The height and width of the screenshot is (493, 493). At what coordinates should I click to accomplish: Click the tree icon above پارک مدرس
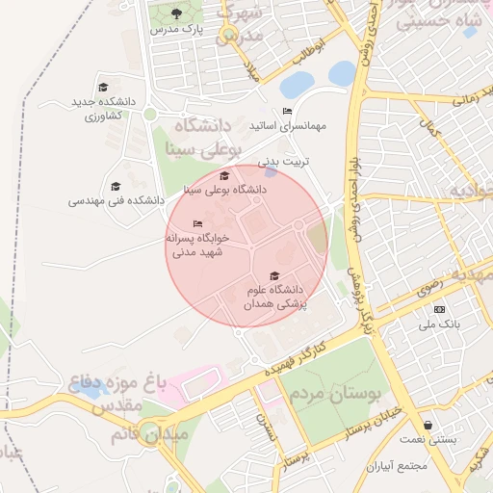[x=175, y=13]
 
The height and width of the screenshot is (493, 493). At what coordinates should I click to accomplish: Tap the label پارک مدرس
[x=174, y=30]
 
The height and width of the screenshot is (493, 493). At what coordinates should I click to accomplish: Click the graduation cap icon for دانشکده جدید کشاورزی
[x=103, y=86]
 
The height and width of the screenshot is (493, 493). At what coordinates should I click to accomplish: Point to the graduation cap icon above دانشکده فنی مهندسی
[x=116, y=186]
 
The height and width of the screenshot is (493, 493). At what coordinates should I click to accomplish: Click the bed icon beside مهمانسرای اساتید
[x=288, y=112]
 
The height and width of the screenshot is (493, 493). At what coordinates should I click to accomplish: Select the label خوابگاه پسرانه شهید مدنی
[x=196, y=246]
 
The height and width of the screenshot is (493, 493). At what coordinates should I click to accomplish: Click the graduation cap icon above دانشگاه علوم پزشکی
[x=275, y=276]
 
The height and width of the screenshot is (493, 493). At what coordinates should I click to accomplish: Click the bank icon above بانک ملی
[x=440, y=309]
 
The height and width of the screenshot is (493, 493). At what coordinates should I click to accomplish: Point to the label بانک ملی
[x=440, y=324]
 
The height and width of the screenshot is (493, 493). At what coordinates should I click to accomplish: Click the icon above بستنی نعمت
[x=428, y=425]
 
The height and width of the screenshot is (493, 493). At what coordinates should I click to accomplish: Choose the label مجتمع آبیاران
[x=396, y=466]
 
